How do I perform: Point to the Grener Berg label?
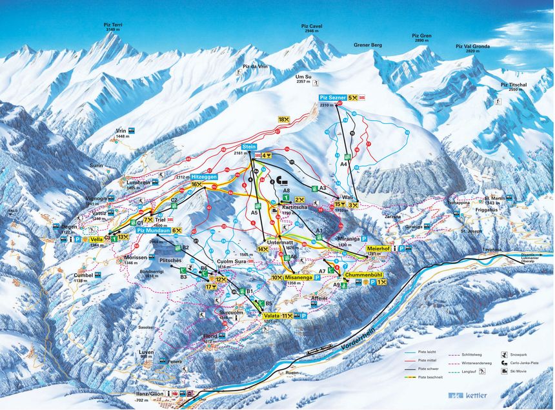(368, 45)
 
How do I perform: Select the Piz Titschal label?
(514, 85)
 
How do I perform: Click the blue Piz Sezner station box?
(332, 97)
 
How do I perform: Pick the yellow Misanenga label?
(298, 277)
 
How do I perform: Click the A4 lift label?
(344, 165)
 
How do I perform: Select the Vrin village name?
(121, 130)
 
